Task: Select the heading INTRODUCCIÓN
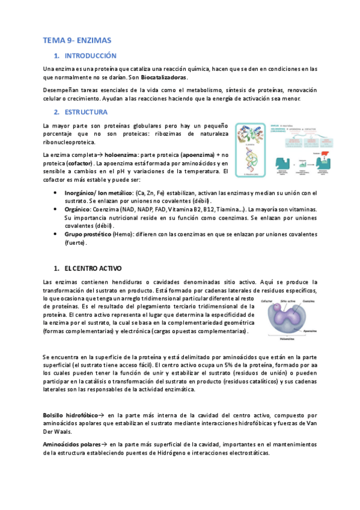(90, 56)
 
